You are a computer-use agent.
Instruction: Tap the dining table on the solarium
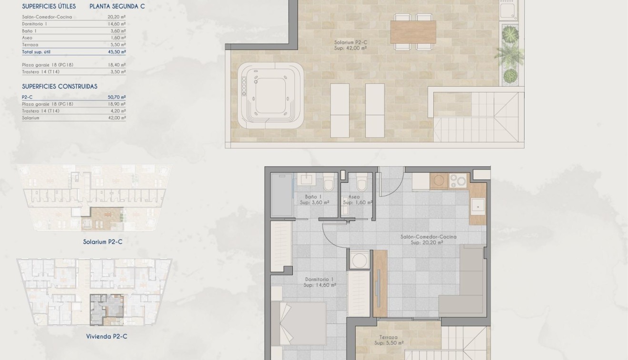pyautogui.click(x=413, y=32)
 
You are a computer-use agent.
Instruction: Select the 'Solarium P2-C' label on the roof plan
pyautogui.click(x=350, y=42)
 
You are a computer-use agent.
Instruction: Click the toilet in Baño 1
pyautogui.click(x=329, y=182)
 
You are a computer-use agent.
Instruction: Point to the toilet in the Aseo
pyautogui.click(x=361, y=181)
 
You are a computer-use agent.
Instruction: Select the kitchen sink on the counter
pyautogui.click(x=478, y=205)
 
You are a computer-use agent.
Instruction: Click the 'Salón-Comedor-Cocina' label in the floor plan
pyautogui.click(x=428, y=237)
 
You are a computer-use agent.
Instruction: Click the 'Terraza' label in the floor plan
pyautogui.click(x=389, y=337)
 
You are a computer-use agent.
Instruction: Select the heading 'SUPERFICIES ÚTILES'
pyautogui.click(x=49, y=7)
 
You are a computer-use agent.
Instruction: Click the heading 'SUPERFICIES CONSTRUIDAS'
pyautogui.click(x=60, y=87)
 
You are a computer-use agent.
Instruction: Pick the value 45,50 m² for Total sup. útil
pyautogui.click(x=117, y=51)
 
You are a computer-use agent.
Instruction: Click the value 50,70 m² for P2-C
pyautogui.click(x=117, y=97)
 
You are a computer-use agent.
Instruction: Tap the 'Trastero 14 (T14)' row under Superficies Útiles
pyautogui.click(x=41, y=72)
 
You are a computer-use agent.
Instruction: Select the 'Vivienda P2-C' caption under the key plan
pyautogui.click(x=107, y=337)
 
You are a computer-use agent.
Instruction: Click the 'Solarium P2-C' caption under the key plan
pyautogui.click(x=102, y=242)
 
